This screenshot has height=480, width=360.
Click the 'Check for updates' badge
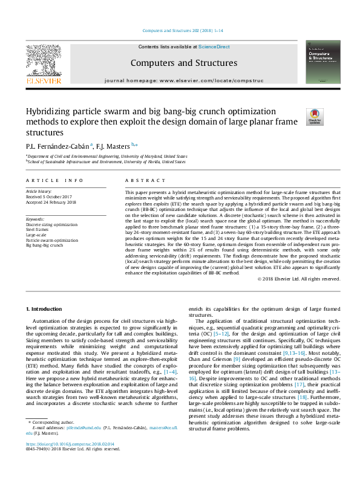pos(315,115)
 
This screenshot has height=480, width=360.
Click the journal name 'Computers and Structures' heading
pos(183,63)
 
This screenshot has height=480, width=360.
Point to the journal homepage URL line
pos(183,80)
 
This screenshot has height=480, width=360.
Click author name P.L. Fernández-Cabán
pos(57,146)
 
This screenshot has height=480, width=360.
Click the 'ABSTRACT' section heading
pos(141,180)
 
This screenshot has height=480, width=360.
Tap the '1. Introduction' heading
pos(47,309)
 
